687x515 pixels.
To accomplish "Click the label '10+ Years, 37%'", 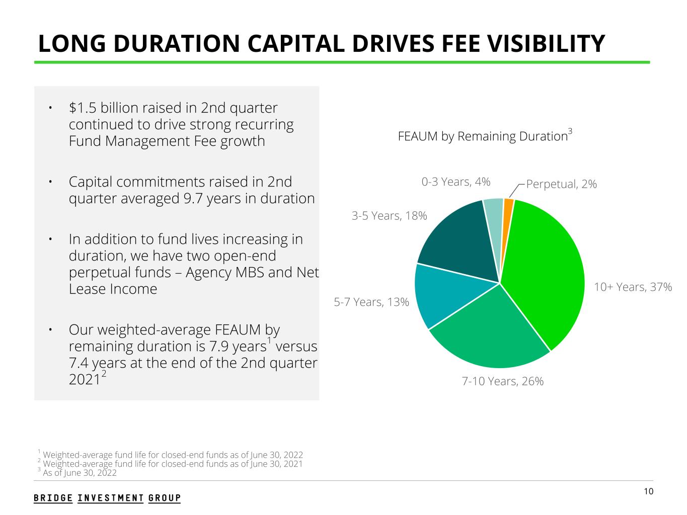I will click(x=633, y=287).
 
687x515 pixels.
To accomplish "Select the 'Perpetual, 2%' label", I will click(x=561, y=184).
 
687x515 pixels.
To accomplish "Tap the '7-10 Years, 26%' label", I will click(x=502, y=381).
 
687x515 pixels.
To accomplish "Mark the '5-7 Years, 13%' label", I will click(x=371, y=302).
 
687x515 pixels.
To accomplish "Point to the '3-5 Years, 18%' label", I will click(x=389, y=216).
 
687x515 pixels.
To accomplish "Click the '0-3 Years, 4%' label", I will click(x=455, y=182).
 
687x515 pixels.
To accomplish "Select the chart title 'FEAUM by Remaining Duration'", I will click(x=483, y=136).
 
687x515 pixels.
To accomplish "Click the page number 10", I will click(x=648, y=491).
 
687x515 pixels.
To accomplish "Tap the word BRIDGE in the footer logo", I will click(x=53, y=498).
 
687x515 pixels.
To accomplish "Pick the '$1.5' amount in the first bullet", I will click(x=79, y=108).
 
